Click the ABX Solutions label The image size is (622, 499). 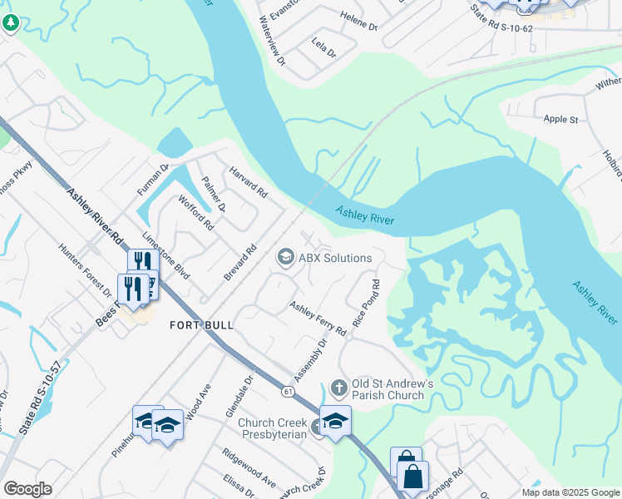click(x=335, y=258)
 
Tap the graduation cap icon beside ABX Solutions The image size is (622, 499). click(x=285, y=257)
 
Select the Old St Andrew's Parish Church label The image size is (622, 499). click(x=393, y=389)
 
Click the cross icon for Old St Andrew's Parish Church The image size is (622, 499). click(x=338, y=387)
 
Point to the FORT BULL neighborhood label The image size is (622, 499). click(x=202, y=325)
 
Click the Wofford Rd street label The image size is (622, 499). click(x=196, y=212)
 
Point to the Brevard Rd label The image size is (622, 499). click(x=239, y=263)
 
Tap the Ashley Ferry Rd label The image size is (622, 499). click(x=318, y=319)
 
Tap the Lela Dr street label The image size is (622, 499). click(x=323, y=47)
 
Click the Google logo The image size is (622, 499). click(x=27, y=489)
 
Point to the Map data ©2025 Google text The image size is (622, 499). click(x=570, y=492)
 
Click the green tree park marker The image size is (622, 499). click(x=11, y=23)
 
